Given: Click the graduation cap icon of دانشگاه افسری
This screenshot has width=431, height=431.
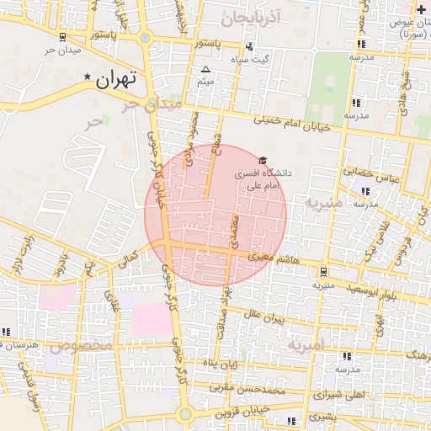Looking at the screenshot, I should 262,160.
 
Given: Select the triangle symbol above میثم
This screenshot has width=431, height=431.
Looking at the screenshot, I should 205,70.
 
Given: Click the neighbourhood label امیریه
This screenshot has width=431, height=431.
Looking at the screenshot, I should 306,346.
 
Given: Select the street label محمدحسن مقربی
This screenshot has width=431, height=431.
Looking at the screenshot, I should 269,389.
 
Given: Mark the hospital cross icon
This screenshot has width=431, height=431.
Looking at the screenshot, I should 422,8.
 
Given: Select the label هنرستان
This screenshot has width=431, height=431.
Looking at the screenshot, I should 24,345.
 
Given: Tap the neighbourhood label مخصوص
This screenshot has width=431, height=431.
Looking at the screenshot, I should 82,345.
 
